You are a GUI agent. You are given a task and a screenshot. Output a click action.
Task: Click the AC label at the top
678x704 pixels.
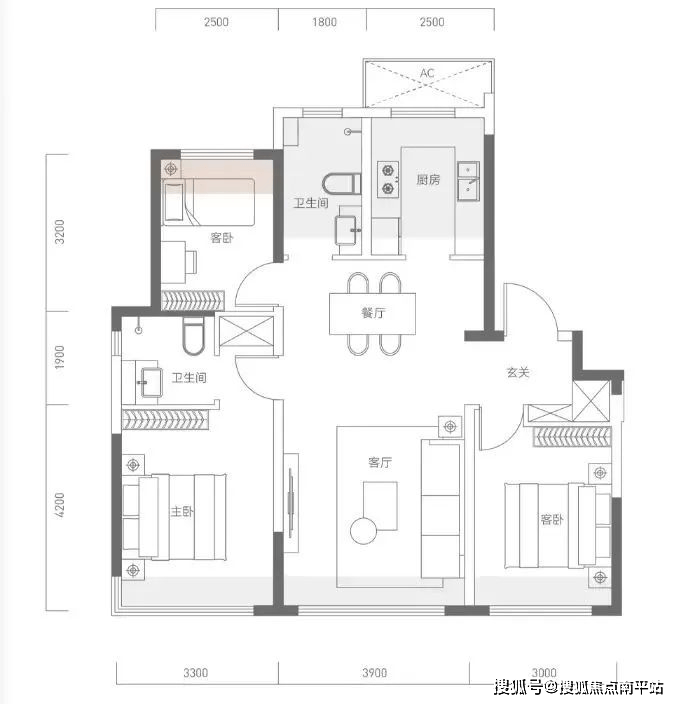427,73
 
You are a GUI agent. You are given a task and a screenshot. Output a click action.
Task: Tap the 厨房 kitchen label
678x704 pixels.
428,180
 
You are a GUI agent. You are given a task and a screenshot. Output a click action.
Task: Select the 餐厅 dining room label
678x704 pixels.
373,312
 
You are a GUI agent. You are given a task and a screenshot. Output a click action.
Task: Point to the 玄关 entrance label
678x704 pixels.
518,372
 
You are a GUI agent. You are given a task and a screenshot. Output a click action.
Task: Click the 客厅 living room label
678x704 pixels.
380,462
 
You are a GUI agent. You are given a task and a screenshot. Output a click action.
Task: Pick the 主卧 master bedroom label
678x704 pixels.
182,511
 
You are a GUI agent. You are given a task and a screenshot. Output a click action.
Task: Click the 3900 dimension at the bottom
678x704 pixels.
374,673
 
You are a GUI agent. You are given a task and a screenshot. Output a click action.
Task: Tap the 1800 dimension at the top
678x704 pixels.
324,22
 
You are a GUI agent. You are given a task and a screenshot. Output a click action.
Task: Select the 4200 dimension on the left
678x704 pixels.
60,505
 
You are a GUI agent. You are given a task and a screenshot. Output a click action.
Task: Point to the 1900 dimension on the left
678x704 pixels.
60,357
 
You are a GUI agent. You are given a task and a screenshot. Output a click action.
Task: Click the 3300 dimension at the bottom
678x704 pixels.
196,673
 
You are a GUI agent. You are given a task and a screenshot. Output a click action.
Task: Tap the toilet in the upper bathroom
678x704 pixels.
342,184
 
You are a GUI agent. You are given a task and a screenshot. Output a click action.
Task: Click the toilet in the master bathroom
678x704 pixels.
194,336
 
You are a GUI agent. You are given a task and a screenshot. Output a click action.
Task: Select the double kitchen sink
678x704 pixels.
468,181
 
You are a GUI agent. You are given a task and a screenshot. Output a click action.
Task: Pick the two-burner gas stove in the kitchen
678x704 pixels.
388,179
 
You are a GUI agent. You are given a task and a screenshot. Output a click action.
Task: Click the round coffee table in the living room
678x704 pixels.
364,531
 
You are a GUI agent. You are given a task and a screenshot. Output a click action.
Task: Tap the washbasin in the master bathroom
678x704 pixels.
151,383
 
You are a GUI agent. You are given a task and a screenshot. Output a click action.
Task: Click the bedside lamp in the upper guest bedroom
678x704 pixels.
171,169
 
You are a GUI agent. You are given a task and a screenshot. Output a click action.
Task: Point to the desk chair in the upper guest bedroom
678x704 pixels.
191,262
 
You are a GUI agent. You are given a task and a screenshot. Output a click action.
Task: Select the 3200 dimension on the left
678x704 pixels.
60,232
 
